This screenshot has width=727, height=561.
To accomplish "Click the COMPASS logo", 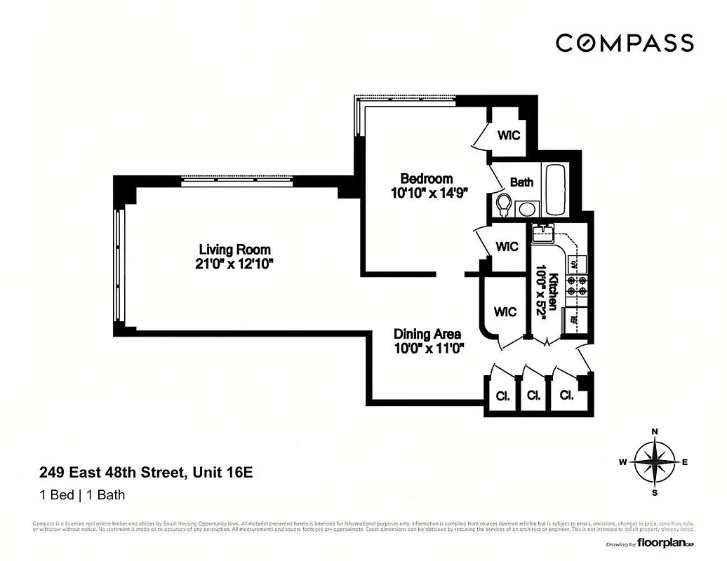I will point(625,43).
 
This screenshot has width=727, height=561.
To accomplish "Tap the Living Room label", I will point(234,249).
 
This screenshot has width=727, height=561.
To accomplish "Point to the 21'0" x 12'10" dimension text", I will point(234,264).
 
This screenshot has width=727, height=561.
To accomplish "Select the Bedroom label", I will point(426,178).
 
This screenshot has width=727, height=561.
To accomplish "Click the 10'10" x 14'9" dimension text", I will point(429,193).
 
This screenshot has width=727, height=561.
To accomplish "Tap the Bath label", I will point(521,182).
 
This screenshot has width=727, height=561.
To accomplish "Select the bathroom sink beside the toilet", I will point(525,208).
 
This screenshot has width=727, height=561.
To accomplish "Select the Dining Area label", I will point(428,334).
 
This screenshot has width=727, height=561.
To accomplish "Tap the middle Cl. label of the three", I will point(533,396).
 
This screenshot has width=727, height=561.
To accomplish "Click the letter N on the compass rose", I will point(654,431).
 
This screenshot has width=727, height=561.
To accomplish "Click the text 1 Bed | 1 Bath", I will point(81,495).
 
